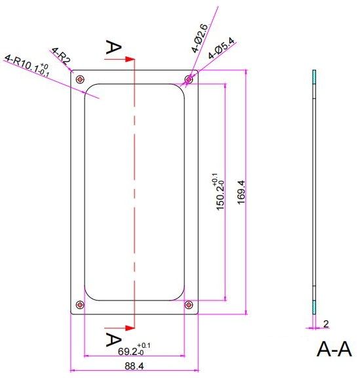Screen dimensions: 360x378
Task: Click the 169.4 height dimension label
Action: click(241, 192)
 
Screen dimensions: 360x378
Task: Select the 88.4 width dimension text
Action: click(134, 366)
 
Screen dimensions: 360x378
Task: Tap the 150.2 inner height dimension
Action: click(219, 192)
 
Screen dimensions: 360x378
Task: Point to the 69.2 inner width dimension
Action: click(134, 350)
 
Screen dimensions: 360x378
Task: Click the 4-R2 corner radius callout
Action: click(61, 56)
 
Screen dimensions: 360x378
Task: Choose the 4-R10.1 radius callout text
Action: click(27, 66)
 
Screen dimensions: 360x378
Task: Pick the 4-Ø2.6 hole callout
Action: click(200, 38)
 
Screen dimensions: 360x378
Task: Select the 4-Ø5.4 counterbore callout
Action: click(222, 49)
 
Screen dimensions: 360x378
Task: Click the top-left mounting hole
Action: click(80, 79)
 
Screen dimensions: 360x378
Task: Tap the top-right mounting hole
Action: click(189, 79)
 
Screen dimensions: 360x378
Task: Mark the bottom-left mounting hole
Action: click(80, 304)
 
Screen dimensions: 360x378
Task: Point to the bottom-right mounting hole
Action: click(188, 304)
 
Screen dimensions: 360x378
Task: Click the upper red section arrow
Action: click(119, 59)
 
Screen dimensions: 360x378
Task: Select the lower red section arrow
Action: click(119, 328)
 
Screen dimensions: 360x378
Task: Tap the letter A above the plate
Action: click(113, 47)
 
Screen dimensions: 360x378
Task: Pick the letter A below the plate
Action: click(113, 339)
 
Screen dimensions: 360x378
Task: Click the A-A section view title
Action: click(334, 349)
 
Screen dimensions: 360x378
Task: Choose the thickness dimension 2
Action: click(326, 324)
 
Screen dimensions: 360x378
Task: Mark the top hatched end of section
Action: click(314, 77)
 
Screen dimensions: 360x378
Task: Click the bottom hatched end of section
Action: click(314, 307)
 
